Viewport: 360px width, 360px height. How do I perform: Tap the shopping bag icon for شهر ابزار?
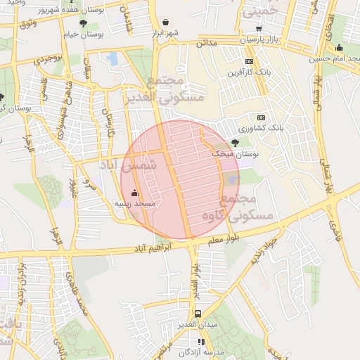coord(165,23)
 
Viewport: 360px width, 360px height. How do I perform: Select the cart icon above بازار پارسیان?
coord(259,28)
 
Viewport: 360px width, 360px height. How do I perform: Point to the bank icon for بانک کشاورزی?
coord(261,117)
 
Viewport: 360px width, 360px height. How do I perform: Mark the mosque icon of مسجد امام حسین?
coord(339,48)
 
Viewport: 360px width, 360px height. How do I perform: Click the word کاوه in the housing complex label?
coord(215,215)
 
